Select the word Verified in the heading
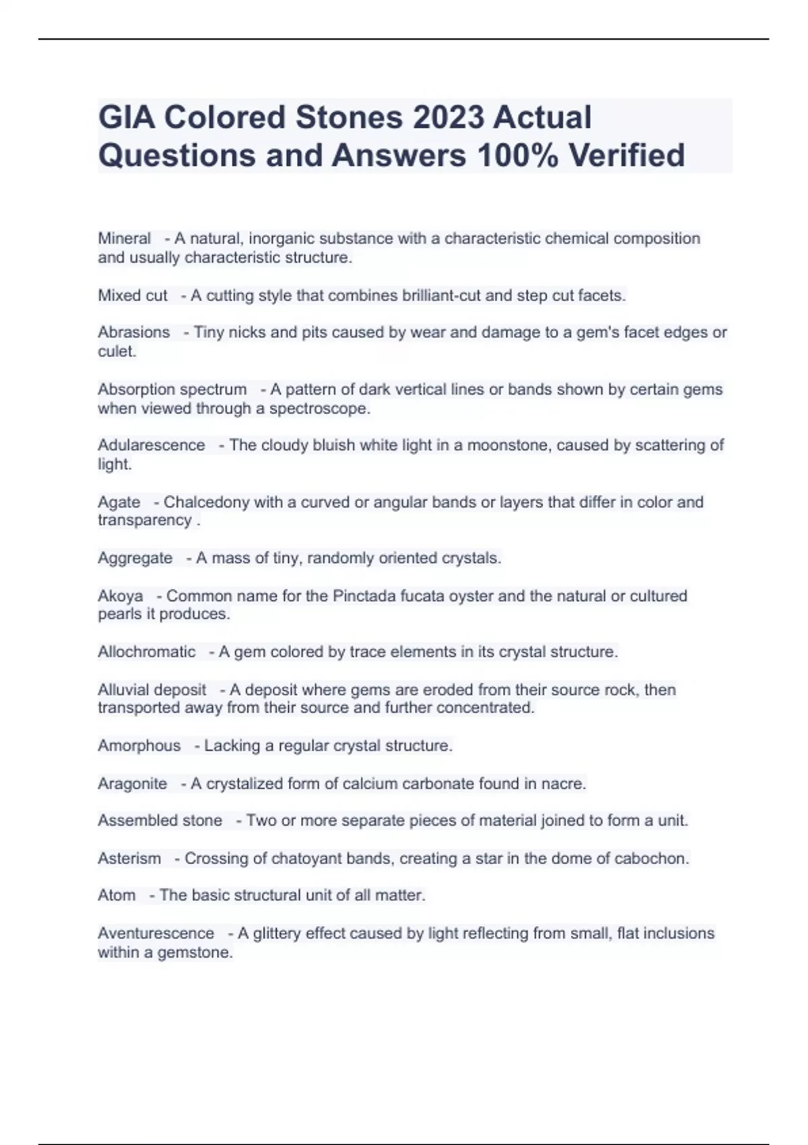point(627,155)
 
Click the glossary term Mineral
point(125,238)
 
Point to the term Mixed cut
point(133,296)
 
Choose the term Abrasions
point(134,332)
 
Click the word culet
point(116,351)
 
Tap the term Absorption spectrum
point(172,389)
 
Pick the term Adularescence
point(151,445)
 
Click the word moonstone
point(508,445)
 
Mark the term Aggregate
point(135,558)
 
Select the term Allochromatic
point(147,652)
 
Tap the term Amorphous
point(139,746)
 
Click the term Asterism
point(129,859)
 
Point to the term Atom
point(116,895)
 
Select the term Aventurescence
point(156,934)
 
